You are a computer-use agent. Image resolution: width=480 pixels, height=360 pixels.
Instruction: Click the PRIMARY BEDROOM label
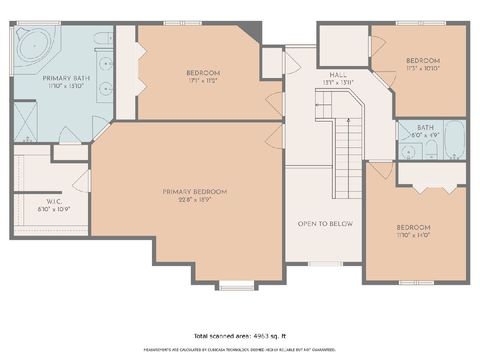click(x=195, y=192)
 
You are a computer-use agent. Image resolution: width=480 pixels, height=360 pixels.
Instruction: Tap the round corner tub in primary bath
click(x=34, y=46)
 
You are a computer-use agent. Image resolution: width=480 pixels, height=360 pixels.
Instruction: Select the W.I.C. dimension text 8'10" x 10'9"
click(x=54, y=209)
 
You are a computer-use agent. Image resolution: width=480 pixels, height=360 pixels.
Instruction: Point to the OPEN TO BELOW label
click(x=325, y=224)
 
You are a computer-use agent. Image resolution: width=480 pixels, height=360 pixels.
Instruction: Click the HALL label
click(x=338, y=75)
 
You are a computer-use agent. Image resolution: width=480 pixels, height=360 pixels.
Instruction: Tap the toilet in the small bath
click(x=432, y=150)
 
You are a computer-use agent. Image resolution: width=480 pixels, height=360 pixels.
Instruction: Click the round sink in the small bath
click(x=408, y=152)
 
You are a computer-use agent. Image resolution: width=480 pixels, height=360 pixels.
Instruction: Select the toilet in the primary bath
click(x=103, y=38)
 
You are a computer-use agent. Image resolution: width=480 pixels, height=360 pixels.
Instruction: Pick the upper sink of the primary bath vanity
click(x=106, y=64)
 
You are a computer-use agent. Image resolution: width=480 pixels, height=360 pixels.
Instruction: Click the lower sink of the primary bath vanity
click(x=106, y=88)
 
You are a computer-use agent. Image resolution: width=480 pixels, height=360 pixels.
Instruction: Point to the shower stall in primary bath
click(x=26, y=122)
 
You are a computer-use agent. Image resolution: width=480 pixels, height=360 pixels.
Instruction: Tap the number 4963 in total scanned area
click(x=261, y=336)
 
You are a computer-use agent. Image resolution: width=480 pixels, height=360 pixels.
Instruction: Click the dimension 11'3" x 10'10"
click(x=423, y=68)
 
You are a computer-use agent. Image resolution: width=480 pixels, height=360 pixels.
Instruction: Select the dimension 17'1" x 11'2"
click(x=203, y=81)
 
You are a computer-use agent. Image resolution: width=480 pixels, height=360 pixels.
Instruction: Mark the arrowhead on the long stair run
click(x=348, y=120)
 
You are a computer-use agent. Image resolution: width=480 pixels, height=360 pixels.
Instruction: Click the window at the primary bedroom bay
click(x=236, y=288)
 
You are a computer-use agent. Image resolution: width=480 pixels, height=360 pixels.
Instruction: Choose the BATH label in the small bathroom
click(x=425, y=128)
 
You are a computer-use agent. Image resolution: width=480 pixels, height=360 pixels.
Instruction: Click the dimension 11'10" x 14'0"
click(x=414, y=235)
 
